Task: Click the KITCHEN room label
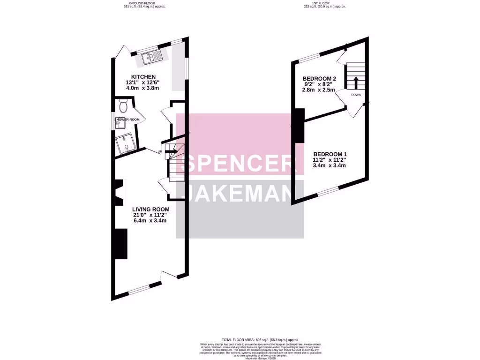(x=143, y=77)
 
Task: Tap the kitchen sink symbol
(x=153, y=58)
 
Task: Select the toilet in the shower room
(x=123, y=106)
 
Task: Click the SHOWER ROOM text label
(x=127, y=120)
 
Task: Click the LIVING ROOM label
(x=150, y=209)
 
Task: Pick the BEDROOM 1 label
(x=330, y=154)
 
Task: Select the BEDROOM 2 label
(x=319, y=78)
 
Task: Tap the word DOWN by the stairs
(x=355, y=94)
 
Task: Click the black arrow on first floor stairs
(x=355, y=82)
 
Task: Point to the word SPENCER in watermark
(x=239, y=165)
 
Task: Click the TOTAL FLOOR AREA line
(x=260, y=339)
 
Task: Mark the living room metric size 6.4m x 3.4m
(x=150, y=222)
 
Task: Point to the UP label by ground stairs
(x=159, y=152)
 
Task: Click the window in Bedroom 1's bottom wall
(x=326, y=191)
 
